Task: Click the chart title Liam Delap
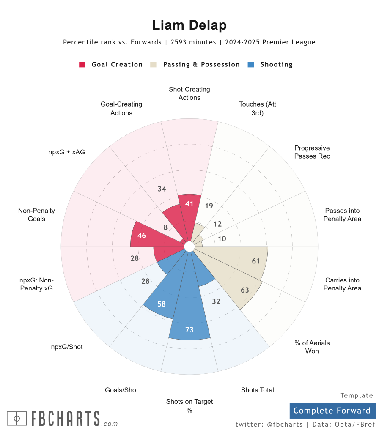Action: [x=189, y=25]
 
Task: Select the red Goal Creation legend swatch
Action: [x=82, y=65]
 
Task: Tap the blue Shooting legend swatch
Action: [x=251, y=65]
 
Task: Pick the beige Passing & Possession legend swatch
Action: [x=154, y=65]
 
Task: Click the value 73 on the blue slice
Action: [x=189, y=329]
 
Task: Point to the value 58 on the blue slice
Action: [x=161, y=304]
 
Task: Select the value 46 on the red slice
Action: [x=142, y=236]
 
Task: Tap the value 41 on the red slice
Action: [x=189, y=204]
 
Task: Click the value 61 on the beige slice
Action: [x=256, y=261]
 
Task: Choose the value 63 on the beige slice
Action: [x=245, y=290]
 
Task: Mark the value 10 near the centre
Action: [x=222, y=239]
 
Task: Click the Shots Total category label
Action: [x=257, y=390]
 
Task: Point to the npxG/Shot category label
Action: [x=66, y=347]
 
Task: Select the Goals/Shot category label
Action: [x=121, y=390]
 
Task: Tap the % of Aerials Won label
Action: [x=312, y=347]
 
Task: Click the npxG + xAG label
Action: [x=66, y=152]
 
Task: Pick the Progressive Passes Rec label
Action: [x=312, y=152]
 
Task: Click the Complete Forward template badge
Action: [x=332, y=411]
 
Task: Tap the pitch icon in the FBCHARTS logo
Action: [x=17, y=419]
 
